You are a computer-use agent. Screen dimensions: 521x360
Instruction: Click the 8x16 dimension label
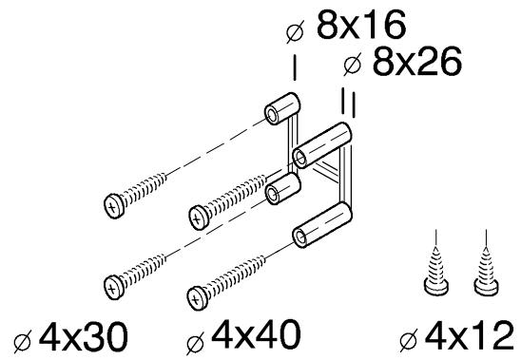coord(361,25)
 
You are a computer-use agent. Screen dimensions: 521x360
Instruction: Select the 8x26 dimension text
coord(417,61)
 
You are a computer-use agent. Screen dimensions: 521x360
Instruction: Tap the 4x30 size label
coord(84,337)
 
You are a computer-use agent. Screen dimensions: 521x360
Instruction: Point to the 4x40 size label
coord(256,333)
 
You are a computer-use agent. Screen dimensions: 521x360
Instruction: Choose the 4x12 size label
coord(469,335)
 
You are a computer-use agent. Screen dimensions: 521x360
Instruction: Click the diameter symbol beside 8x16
coord(295,32)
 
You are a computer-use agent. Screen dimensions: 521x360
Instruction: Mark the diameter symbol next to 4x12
coord(409,340)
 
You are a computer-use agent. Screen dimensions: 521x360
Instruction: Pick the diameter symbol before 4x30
coord(23,341)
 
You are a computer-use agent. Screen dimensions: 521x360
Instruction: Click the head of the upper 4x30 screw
coord(114,206)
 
